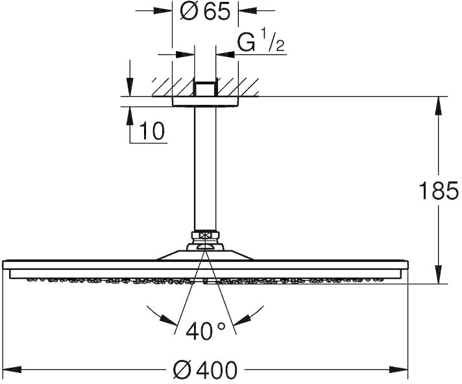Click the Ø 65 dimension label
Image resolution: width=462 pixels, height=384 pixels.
pyautogui.click(x=204, y=12)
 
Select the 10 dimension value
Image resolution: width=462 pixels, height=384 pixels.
pyautogui.click(x=152, y=131)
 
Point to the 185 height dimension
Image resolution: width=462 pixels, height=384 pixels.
pyautogui.click(x=439, y=191)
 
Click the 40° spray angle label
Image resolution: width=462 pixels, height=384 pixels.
pyautogui.click(x=206, y=331)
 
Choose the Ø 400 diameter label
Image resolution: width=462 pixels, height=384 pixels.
pyautogui.click(x=205, y=370)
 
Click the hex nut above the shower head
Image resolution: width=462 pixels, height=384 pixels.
pyautogui.click(x=205, y=235)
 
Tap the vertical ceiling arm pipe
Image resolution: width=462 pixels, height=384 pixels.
pyautogui.click(x=205, y=169)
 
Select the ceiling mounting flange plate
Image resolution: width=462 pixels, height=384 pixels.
pyautogui.click(x=205, y=101)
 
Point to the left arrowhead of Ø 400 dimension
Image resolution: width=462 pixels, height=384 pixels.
pyautogui.click(x=12, y=369)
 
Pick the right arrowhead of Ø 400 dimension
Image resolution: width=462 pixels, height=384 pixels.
pyautogui.click(x=398, y=369)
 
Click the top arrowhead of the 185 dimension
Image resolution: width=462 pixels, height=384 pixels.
pyautogui.click(x=439, y=106)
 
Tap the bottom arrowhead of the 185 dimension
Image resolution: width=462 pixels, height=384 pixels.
pyautogui.click(x=439, y=274)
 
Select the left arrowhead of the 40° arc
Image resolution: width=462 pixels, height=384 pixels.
pyautogui.click(x=169, y=320)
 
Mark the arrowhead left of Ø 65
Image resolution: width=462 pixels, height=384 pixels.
pyautogui.click(x=163, y=11)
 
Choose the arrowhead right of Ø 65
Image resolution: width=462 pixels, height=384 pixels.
pyautogui.click(x=248, y=11)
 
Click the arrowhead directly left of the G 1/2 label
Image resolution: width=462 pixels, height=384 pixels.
pyautogui.click(x=225, y=54)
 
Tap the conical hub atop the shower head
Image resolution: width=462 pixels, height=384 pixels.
pyautogui.click(x=205, y=254)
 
